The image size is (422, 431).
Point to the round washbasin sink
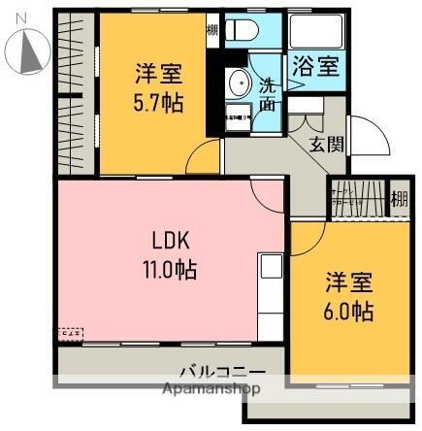(x=236, y=83)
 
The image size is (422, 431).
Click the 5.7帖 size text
(x=155, y=99)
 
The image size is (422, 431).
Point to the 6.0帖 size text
(x=347, y=312)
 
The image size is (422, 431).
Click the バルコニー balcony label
(x=221, y=372)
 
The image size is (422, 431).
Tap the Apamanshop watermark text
(x=214, y=389)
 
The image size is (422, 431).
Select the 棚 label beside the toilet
(x=212, y=29)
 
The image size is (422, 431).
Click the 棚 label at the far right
(x=399, y=200)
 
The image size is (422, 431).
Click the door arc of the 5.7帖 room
(x=206, y=155)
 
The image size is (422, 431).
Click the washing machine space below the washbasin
(x=237, y=118)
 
